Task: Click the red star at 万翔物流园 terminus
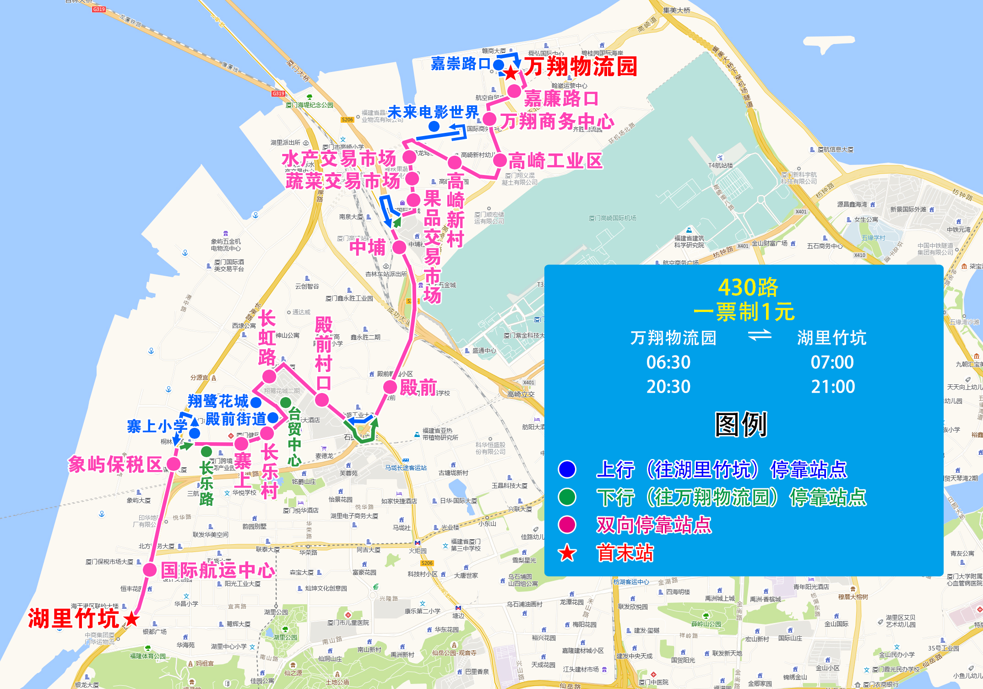tap(511, 72)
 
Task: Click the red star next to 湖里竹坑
tap(131, 618)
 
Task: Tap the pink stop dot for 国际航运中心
tap(150, 569)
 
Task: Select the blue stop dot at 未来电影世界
tap(434, 126)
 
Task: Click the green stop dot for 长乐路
tap(206, 452)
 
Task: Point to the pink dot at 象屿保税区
tap(174, 464)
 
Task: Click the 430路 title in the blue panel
tap(748, 287)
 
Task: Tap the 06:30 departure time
tap(668, 362)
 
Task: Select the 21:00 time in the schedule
tap(832, 387)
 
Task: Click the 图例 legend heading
tap(741, 425)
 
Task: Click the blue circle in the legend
tap(567, 469)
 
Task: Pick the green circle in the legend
tap(567, 497)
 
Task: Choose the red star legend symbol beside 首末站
tap(567, 553)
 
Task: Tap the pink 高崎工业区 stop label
tap(555, 161)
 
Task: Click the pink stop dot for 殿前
tap(390, 387)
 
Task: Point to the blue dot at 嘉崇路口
tap(498, 64)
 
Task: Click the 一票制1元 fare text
tap(744, 312)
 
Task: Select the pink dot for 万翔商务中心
tap(489, 119)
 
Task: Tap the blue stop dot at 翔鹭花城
tap(256, 402)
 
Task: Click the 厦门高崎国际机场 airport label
tap(612, 218)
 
